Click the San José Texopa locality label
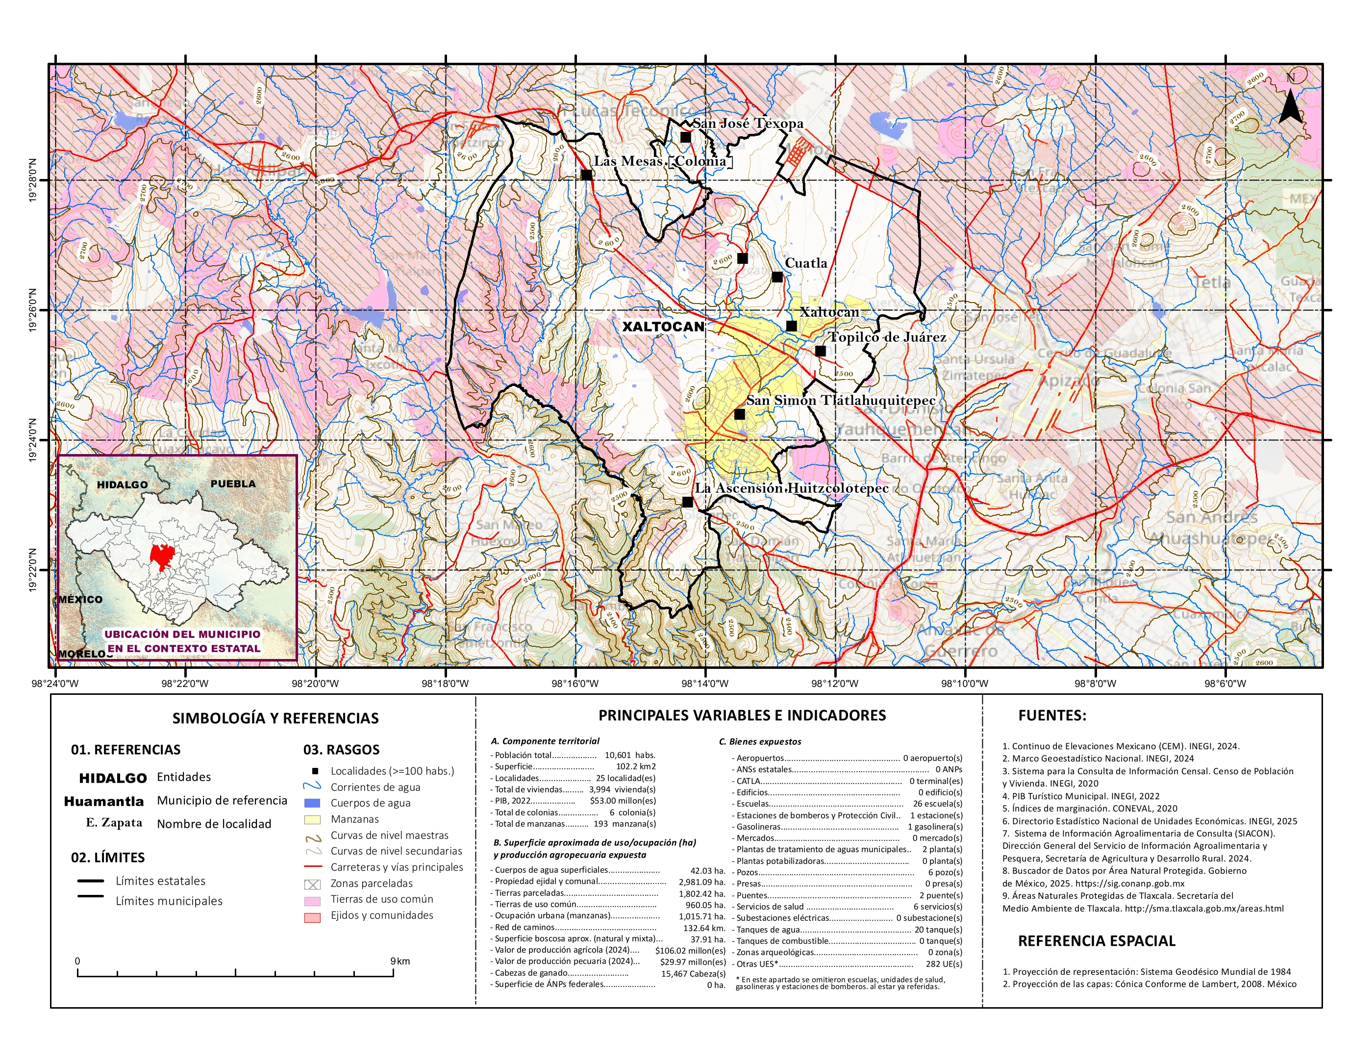point(748,124)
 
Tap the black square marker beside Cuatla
point(777,277)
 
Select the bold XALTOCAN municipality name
point(663,327)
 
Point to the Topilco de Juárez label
point(887,337)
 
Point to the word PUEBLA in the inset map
point(233,483)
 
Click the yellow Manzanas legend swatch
point(312,820)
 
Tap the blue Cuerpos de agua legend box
point(312,803)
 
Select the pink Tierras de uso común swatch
point(312,901)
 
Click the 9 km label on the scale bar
point(399,961)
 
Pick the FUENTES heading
point(1052,715)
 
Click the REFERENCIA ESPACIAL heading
point(1096,941)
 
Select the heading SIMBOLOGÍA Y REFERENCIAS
point(275,718)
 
